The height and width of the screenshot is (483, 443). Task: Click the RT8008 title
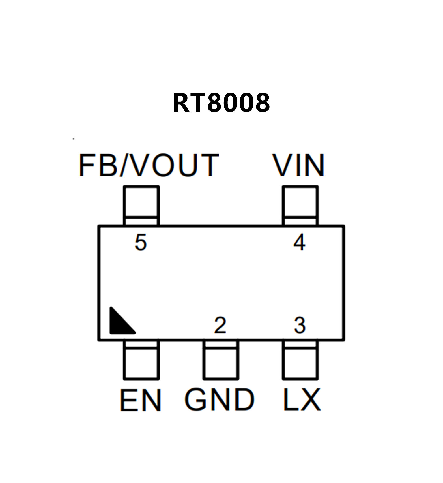click(x=221, y=103)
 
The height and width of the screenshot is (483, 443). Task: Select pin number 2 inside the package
click(x=220, y=325)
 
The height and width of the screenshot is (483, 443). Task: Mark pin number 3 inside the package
click(x=300, y=325)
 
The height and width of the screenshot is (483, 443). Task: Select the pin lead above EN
click(x=141, y=360)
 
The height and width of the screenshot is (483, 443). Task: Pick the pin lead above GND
click(x=221, y=360)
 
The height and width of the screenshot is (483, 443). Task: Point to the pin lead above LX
click(x=300, y=360)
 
